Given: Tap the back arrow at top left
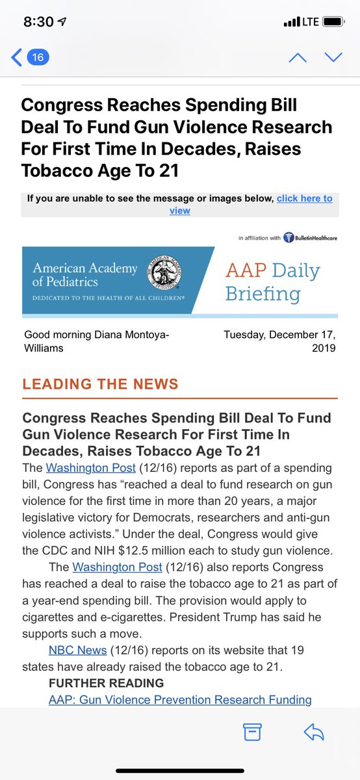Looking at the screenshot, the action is (16, 58).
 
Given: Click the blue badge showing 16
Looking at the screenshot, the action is (38, 58).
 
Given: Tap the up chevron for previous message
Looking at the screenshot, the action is (298, 58).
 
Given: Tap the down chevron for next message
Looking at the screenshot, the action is (333, 58).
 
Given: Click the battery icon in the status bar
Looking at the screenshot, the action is (334, 21).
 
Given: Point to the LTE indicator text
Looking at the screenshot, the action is (310, 21).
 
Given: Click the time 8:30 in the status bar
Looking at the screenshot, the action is (38, 21).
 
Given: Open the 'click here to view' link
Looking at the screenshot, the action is (304, 199).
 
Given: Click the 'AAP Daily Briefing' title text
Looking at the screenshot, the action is (272, 281).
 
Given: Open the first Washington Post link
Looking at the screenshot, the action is (90, 468).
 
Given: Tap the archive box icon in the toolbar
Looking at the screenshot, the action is (252, 732).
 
